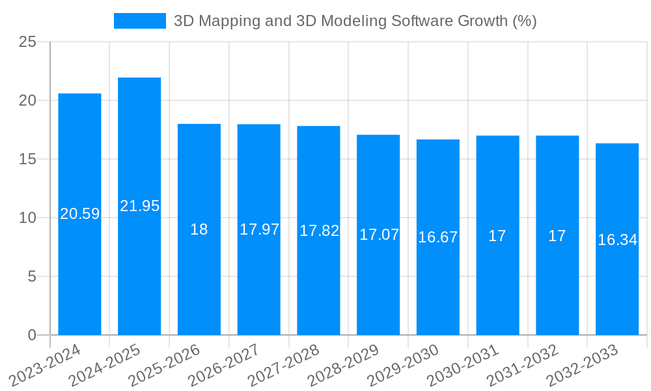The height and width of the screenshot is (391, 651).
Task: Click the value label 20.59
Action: click(x=79, y=214)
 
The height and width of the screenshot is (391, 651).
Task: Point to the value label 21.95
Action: click(x=139, y=206)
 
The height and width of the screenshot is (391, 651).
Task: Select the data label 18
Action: click(x=199, y=229)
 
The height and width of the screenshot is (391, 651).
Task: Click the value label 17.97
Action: click(x=259, y=229)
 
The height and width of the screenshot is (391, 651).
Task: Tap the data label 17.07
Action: click(x=379, y=235)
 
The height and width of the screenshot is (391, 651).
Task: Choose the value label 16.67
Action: click(x=437, y=237)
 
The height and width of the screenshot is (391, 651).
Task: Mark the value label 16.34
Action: click(x=617, y=240)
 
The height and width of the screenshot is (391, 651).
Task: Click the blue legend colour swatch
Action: click(x=139, y=21)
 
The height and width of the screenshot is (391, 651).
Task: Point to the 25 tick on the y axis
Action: click(x=27, y=42)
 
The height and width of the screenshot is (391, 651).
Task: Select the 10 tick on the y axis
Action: click(x=27, y=218)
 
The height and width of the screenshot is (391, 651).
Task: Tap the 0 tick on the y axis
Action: click(x=32, y=335)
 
